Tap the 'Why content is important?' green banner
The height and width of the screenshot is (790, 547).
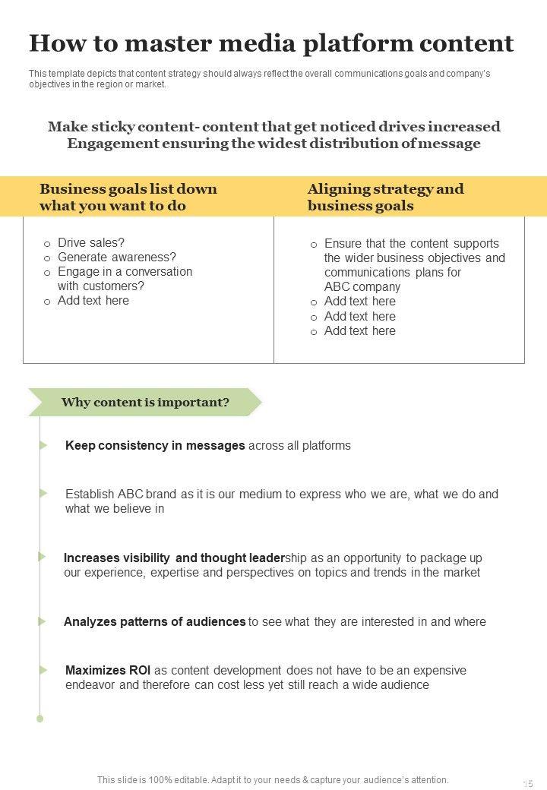144,403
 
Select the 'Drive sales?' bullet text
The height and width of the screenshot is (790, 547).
91,243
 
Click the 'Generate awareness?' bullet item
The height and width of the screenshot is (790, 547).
117,258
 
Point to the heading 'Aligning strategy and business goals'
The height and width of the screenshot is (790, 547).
385,197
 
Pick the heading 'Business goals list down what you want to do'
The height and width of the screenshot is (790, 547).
128,197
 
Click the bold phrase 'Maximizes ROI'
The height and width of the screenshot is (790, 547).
108,671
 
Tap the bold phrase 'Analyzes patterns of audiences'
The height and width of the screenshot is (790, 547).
154,621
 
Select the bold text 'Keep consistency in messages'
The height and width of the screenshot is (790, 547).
155,446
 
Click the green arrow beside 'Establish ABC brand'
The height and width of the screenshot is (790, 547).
43,493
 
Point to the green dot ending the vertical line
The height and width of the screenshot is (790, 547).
40,718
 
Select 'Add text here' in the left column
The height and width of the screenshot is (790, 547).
93,301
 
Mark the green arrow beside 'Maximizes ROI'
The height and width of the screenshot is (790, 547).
43,670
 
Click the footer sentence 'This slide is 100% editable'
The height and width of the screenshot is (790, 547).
273,779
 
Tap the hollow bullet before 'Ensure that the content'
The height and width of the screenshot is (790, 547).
314,245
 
